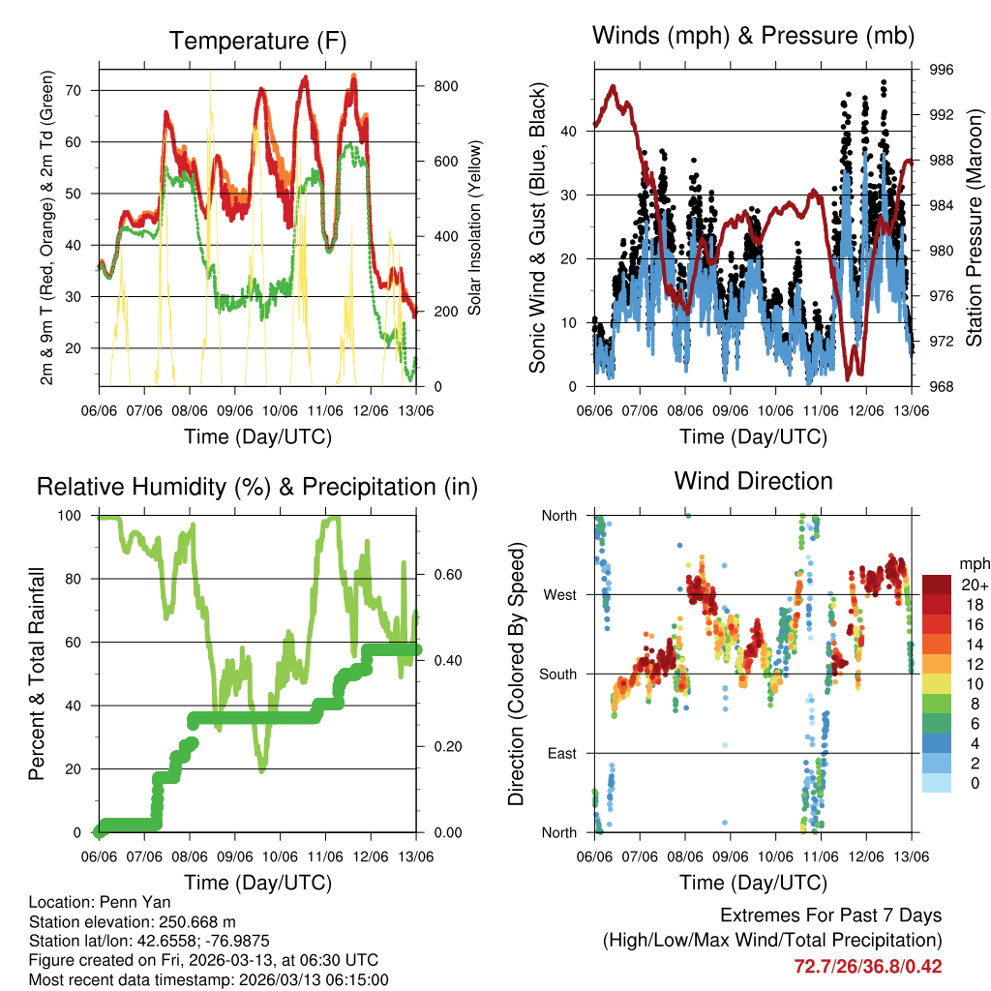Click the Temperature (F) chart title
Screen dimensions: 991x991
pos(257,41)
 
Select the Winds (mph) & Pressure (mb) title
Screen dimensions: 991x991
pos(753,37)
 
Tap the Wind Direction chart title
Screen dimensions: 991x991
pos(753,481)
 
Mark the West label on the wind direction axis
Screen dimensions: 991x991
pos(559,594)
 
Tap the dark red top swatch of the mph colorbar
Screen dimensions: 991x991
pos(936,585)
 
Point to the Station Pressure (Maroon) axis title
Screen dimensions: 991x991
pos(974,228)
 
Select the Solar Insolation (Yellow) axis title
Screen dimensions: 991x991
pos(475,228)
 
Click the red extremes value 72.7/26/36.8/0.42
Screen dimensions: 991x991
pos(868,966)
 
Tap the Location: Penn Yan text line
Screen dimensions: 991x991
pos(100,903)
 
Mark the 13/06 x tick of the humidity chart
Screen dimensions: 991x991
pos(417,856)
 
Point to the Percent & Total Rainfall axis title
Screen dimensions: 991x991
pos(38,675)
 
